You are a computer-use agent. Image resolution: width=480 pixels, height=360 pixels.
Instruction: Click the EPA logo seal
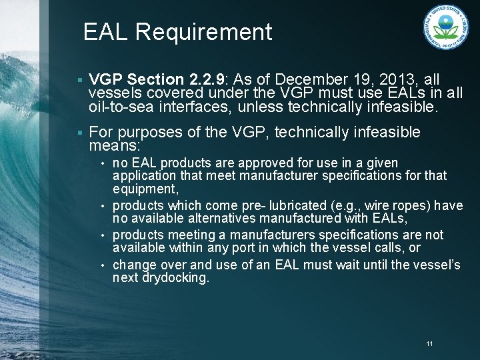click(x=445, y=27)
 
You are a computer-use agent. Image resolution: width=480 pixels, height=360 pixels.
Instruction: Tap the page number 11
click(x=429, y=343)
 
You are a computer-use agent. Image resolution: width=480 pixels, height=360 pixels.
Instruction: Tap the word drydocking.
click(x=175, y=277)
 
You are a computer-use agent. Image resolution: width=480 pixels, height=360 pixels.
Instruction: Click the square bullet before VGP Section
click(x=79, y=80)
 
